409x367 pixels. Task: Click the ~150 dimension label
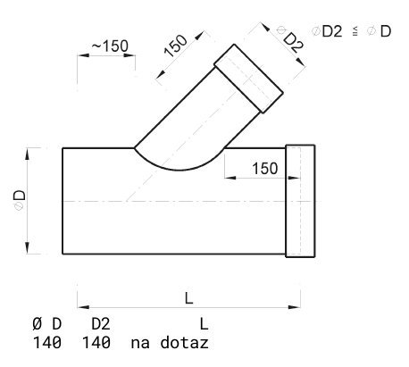[110, 46]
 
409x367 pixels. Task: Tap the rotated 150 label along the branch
[176, 46]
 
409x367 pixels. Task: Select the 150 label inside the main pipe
[265, 169]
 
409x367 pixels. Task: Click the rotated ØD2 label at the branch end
[291, 39]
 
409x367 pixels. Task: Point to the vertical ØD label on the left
[20, 200]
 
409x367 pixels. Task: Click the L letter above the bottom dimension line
[189, 298]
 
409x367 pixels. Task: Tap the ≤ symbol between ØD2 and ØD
[355, 31]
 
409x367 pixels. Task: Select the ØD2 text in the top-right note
[327, 31]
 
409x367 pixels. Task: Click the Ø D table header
[46, 324]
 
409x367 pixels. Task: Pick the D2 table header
[101, 324]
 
